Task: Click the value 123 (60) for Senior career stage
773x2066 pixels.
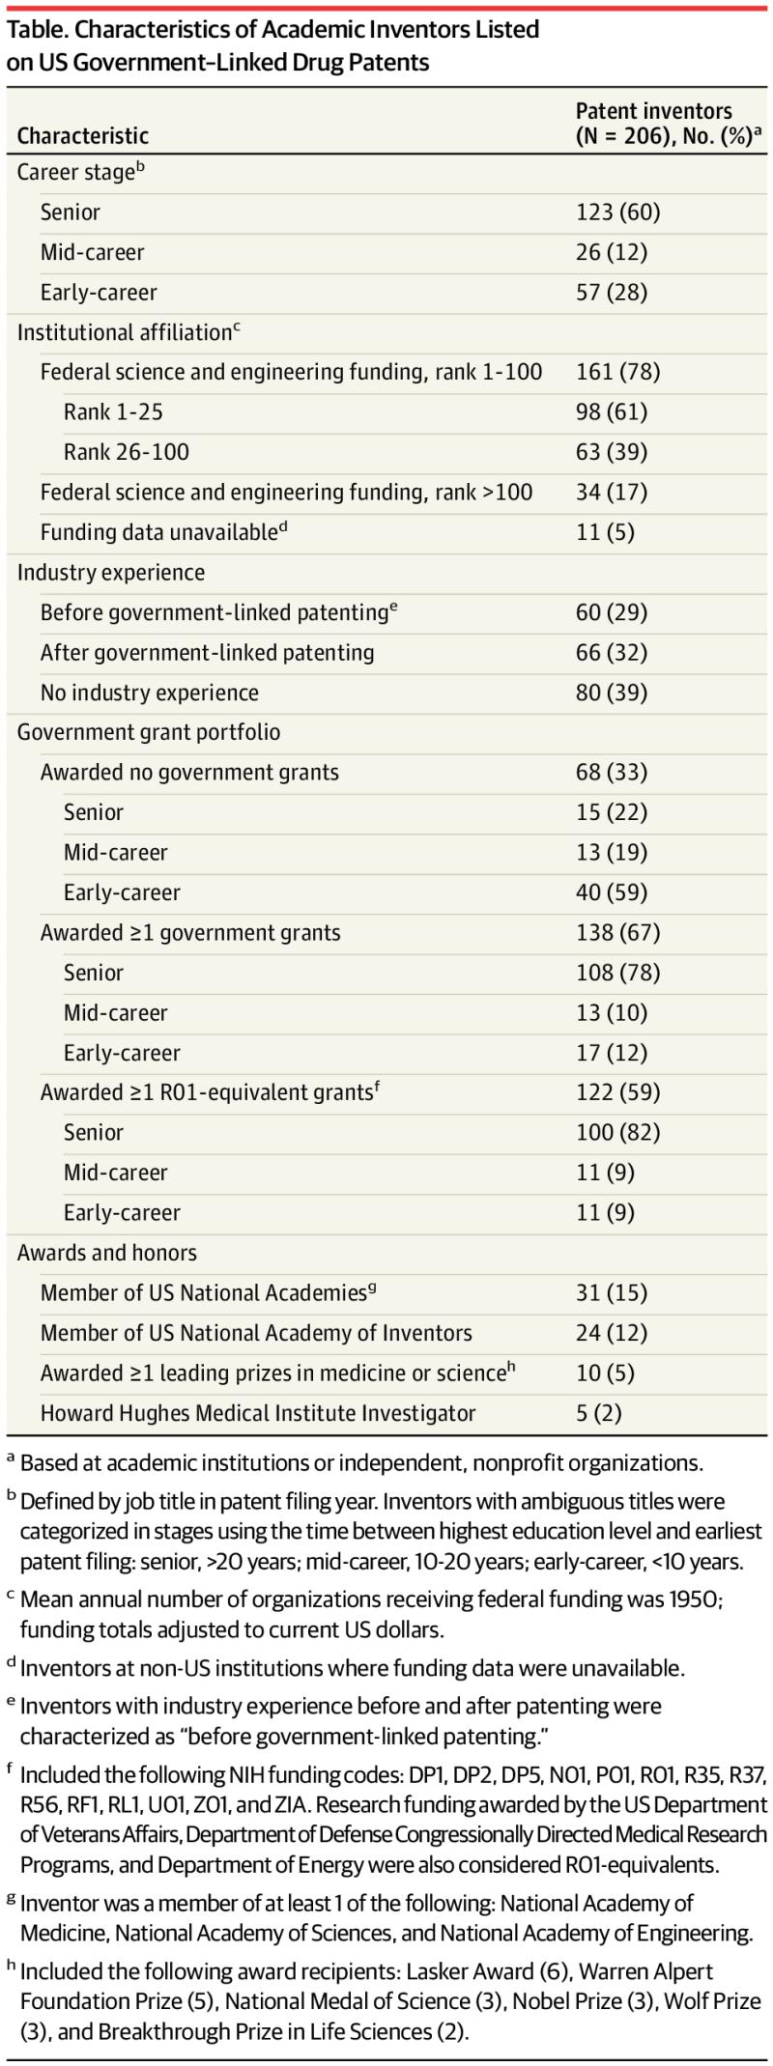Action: [x=617, y=212]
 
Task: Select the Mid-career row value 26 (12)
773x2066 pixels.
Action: [x=611, y=253]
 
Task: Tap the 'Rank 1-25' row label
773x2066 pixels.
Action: [x=113, y=412]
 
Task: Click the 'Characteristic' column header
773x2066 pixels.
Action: [x=83, y=135]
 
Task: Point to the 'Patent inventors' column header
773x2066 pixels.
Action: [x=654, y=111]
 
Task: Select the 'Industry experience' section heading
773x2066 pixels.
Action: [x=111, y=573]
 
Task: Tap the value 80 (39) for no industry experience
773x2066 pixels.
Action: [x=611, y=693]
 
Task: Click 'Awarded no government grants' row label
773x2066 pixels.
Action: [x=189, y=773]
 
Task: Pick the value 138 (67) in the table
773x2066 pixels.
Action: [x=617, y=933]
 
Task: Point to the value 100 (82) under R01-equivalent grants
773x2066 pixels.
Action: [x=617, y=1132]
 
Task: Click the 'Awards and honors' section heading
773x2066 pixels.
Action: [x=106, y=1253]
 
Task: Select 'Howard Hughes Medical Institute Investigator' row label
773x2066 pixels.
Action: [x=258, y=1413]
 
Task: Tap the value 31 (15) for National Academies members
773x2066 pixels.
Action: [x=611, y=1292]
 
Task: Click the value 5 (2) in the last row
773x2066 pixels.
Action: [x=598, y=1413]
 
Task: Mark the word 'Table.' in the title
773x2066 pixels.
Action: [x=36, y=30]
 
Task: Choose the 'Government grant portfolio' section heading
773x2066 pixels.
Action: [x=149, y=732]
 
